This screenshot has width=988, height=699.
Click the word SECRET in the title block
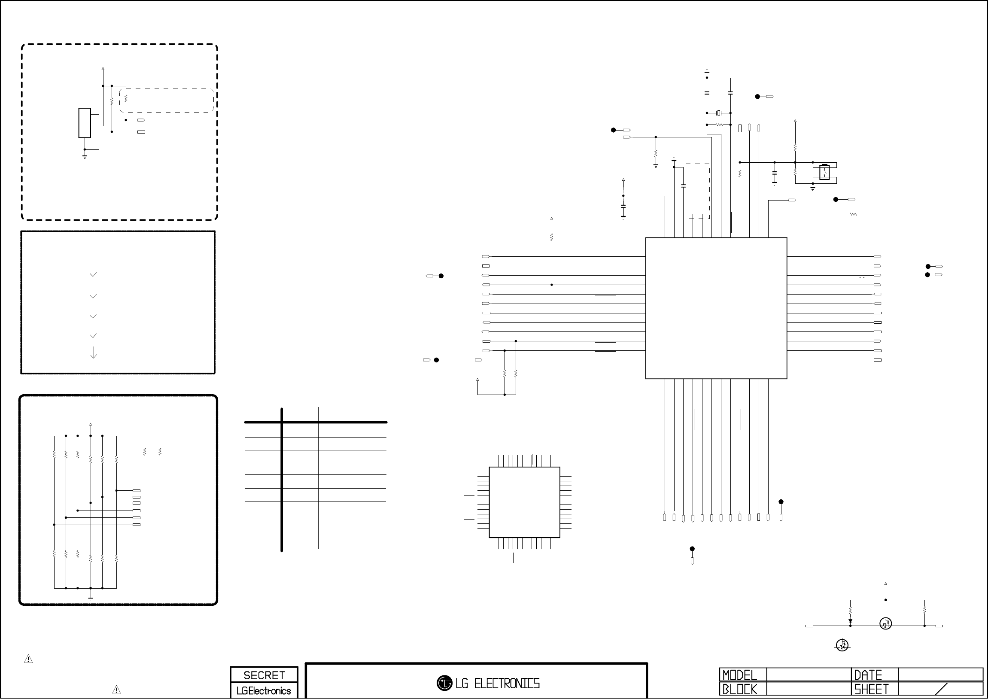(264, 675)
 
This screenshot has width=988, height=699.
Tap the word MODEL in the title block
(739, 675)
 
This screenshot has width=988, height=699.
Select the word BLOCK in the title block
(739, 689)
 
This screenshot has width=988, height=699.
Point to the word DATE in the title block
(868, 675)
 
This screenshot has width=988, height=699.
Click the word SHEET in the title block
(871, 689)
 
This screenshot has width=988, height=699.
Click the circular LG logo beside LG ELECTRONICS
(444, 683)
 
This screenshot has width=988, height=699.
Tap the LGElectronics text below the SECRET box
(264, 691)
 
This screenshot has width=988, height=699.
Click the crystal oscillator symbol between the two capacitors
(718, 113)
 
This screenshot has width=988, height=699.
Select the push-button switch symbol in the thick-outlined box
(824, 172)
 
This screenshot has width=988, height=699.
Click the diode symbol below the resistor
(850, 622)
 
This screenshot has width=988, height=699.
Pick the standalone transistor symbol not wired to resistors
(842, 645)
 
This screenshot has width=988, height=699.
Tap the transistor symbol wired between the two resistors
(885, 623)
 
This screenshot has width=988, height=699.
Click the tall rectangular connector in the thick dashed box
(84, 123)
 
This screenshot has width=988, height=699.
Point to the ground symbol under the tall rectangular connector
(85, 157)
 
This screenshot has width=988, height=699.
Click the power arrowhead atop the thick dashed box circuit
(103, 68)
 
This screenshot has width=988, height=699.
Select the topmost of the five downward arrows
(93, 271)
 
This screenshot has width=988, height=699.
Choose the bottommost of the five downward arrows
(93, 353)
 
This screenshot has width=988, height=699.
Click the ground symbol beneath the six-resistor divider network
(90, 599)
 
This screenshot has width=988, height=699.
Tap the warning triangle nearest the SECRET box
(116, 690)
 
